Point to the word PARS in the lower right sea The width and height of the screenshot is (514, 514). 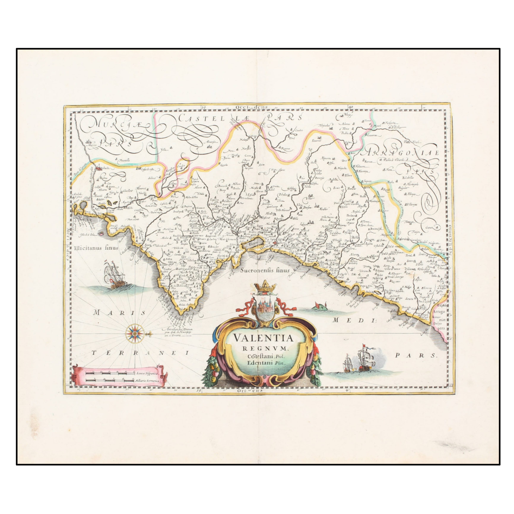click(x=416, y=355)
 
